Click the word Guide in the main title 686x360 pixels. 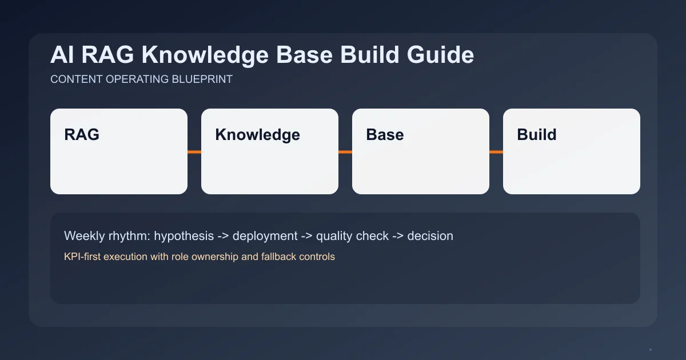coord(440,55)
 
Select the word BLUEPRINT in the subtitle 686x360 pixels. coord(202,79)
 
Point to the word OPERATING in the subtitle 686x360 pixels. coord(137,79)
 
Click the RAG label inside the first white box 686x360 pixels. coord(82,135)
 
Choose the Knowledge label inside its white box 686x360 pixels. coord(257,135)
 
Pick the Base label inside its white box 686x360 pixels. coord(385,135)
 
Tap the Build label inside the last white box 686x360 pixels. coord(536,135)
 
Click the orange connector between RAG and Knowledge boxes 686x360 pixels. coord(194,152)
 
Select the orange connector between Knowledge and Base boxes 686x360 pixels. coord(345,152)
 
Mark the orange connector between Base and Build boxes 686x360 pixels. coord(496,152)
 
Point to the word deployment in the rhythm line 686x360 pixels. coord(265,236)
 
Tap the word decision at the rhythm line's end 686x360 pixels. coord(430,236)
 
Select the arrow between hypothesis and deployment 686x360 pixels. coord(224,236)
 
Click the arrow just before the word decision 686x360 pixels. coord(398,236)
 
